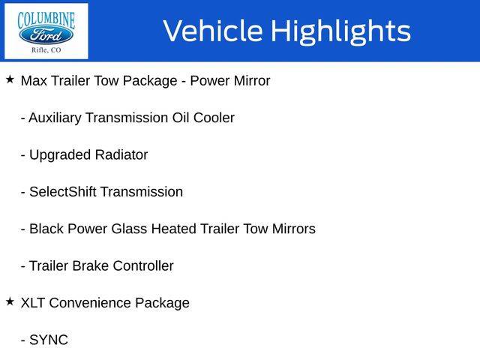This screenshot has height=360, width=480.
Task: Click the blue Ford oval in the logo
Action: tap(46, 35)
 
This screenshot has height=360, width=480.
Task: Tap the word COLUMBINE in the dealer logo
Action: tap(46, 20)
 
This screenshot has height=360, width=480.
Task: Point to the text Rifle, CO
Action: tap(46, 50)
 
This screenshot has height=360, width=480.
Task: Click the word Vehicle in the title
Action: tap(213, 31)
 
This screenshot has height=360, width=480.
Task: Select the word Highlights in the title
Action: tap(340, 31)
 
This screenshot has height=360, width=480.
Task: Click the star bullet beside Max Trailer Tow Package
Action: tap(10, 79)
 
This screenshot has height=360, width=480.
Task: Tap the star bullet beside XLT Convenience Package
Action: tap(10, 301)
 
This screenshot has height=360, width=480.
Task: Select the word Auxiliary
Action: tap(55, 118)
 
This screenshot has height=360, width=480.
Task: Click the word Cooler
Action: tap(214, 118)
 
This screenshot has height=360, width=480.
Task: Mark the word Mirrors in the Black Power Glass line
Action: tap(294, 229)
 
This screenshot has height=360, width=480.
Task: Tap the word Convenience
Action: tap(90, 303)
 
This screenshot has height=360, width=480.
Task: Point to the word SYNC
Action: tap(49, 340)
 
